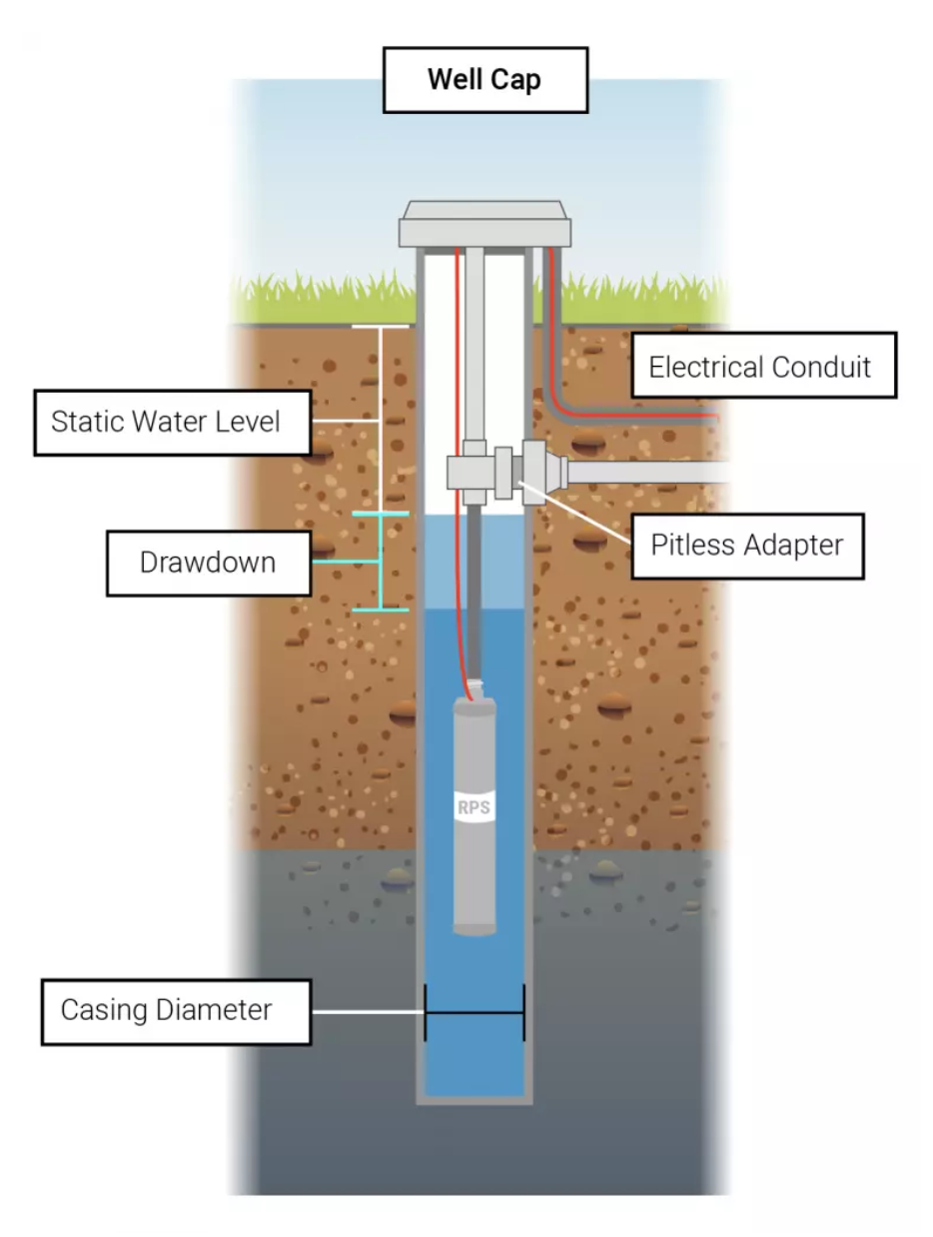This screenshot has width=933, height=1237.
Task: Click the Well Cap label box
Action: pos(484,80)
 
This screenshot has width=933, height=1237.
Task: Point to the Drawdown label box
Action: pos(207,562)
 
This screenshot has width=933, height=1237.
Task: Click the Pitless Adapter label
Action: pos(747,545)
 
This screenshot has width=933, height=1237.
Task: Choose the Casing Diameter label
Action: pos(166,1010)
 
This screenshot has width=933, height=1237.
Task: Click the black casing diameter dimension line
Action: pos(474,1012)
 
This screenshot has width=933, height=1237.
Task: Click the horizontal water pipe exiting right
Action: pos(649,472)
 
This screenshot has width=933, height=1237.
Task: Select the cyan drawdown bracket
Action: pos(381,562)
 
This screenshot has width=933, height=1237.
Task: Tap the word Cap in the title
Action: pos(517,80)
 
